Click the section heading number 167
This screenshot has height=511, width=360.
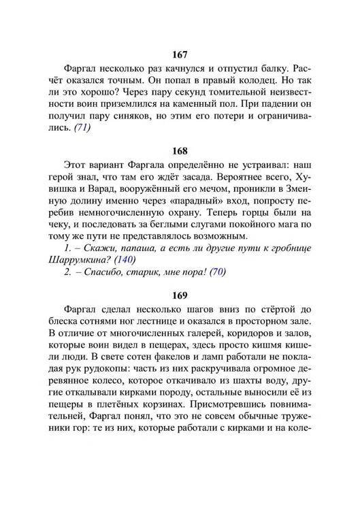[180, 54]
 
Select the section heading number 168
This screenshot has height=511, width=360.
[180, 150]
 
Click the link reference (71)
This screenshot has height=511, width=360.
[84, 129]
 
